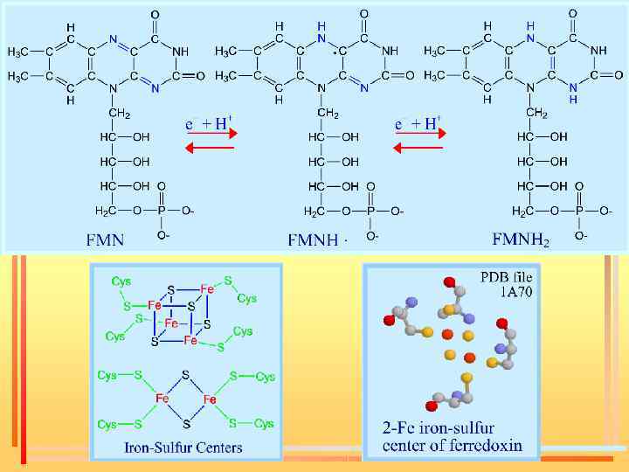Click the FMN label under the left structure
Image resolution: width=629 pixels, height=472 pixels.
(x=105, y=238)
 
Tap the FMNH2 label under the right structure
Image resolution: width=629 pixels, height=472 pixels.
(x=522, y=239)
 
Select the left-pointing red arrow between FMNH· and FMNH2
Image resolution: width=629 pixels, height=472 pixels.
(x=418, y=148)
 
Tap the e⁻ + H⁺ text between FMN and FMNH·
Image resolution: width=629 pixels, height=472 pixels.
(x=206, y=123)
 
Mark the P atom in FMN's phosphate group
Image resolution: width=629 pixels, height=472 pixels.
(x=160, y=211)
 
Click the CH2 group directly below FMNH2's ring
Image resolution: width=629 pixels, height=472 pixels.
(x=536, y=114)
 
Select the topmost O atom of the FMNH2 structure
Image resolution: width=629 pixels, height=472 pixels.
(x=573, y=15)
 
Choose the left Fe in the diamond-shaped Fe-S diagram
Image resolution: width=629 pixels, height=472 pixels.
(x=162, y=398)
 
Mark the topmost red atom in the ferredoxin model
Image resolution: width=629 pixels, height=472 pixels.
(x=449, y=282)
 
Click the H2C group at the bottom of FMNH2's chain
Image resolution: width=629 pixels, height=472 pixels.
(x=521, y=212)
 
